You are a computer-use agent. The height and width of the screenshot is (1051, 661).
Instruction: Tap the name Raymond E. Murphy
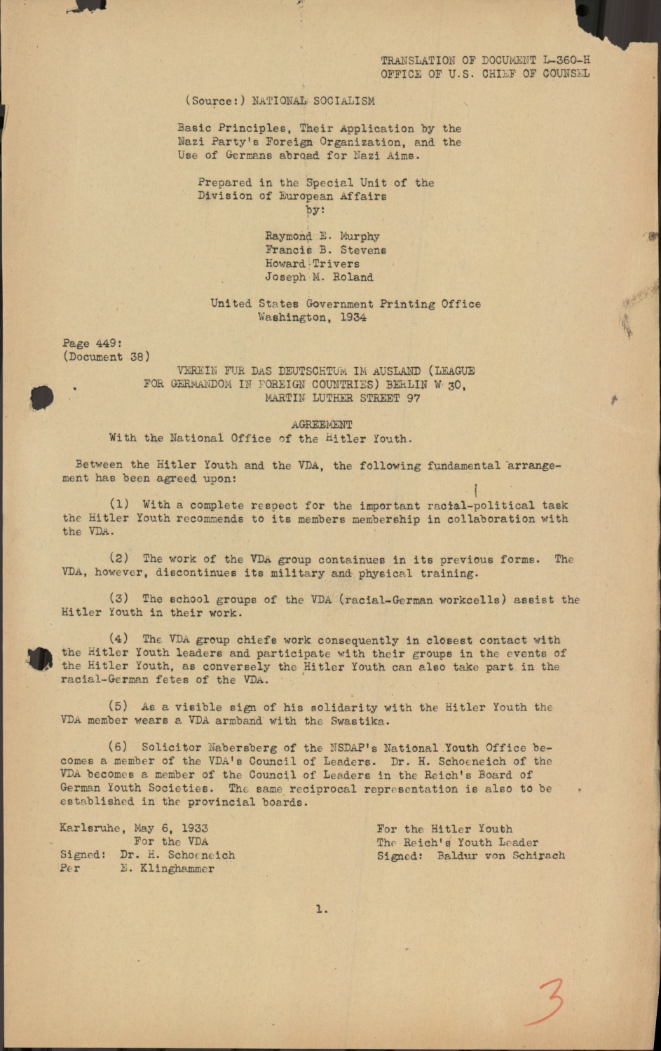[322, 237]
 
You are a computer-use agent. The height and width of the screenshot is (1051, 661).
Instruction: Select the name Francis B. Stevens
[325, 250]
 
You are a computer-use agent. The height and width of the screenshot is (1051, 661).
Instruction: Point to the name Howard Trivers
[312, 264]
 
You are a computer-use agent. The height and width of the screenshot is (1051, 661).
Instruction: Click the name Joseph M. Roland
[319, 277]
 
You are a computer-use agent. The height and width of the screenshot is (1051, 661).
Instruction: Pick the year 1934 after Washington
[353, 317]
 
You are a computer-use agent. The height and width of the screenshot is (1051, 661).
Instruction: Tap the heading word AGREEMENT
[322, 425]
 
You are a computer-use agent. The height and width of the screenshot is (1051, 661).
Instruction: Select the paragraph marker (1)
[119, 505]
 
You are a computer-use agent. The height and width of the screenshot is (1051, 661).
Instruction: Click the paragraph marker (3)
[119, 600]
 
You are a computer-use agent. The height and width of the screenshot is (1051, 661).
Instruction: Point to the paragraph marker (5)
[119, 708]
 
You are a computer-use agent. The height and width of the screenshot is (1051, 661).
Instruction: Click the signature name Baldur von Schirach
[500, 856]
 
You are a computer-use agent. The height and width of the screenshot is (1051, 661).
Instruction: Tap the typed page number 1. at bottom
[322, 909]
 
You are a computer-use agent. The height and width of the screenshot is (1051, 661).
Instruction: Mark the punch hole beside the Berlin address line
[42, 397]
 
